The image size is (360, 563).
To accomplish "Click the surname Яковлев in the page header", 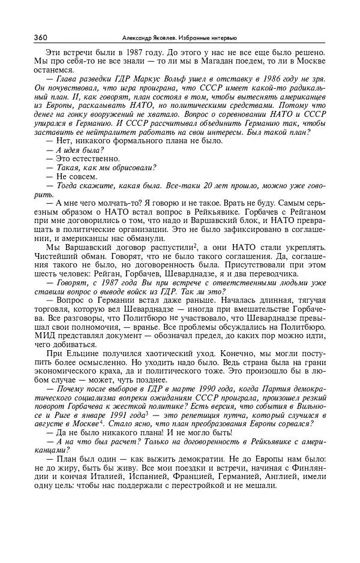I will [180, 38].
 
